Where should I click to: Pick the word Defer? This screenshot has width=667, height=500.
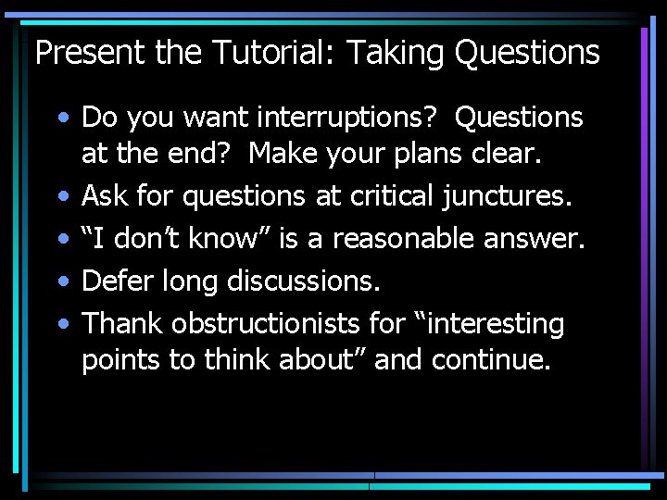tap(118, 281)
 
